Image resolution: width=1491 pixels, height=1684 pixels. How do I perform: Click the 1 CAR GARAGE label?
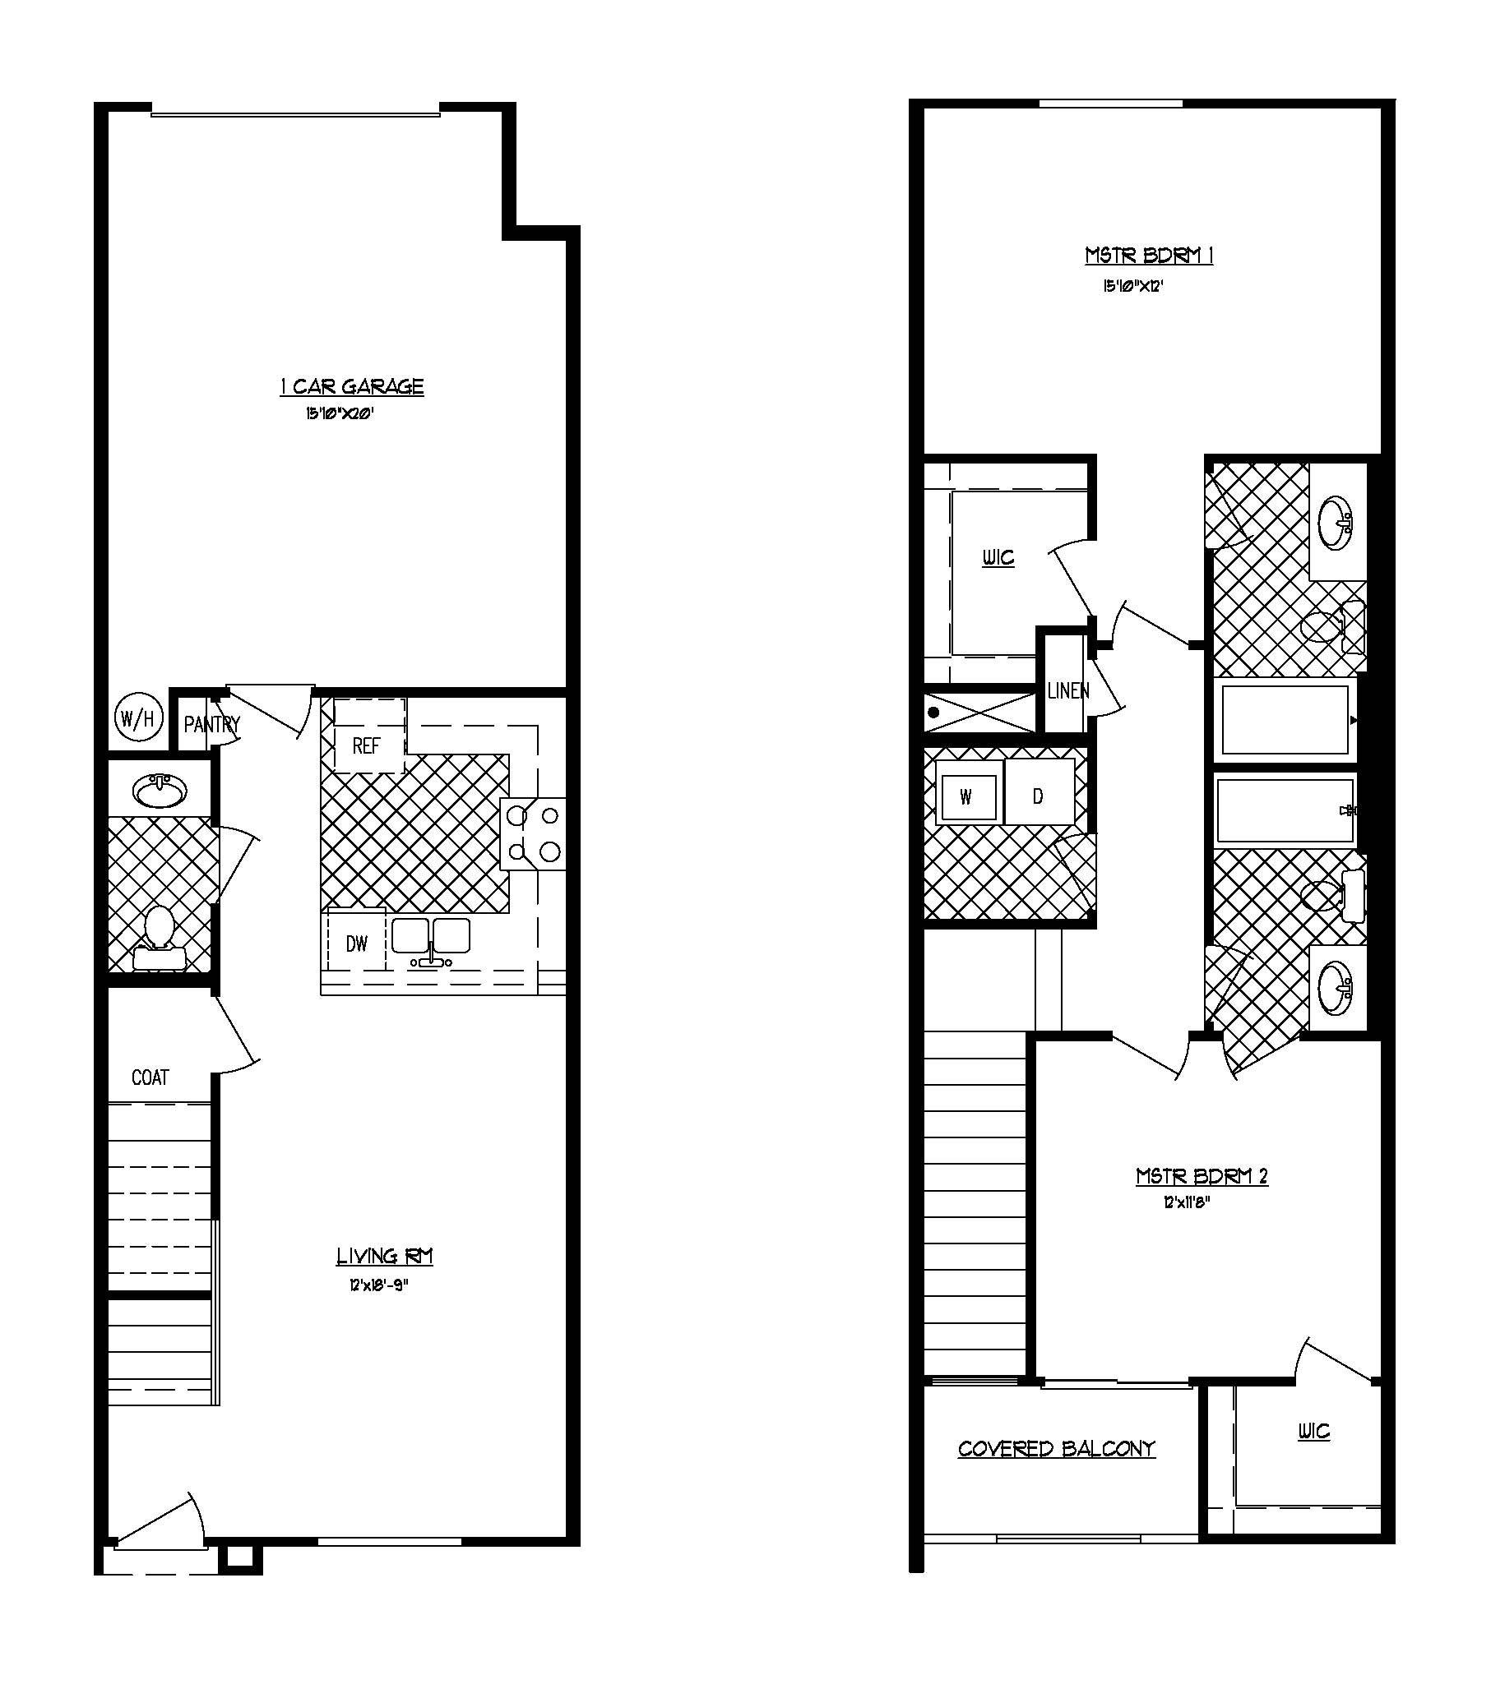352,386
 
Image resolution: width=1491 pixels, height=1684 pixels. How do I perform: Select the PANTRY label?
211,724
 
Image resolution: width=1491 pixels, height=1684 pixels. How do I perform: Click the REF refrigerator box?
368,745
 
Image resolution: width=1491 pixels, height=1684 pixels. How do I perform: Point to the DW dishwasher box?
356,944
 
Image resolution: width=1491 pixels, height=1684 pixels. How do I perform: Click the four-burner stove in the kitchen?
532,833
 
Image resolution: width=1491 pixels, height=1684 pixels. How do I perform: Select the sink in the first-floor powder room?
160,791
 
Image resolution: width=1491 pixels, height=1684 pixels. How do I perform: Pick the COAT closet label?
150,1077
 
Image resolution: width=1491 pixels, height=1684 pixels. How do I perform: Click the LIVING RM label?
384,1256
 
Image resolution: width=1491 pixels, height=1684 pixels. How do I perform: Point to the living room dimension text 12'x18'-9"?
378,1285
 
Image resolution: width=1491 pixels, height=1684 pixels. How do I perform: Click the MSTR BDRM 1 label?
1149,256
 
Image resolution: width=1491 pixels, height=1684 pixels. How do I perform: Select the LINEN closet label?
1068,691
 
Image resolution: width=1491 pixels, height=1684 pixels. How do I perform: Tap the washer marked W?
967,796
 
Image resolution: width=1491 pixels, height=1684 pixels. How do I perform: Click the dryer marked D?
1039,795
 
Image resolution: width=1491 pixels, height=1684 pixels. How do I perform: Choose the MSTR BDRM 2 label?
1202,1175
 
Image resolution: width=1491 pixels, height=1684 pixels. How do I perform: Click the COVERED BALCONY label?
1057,1449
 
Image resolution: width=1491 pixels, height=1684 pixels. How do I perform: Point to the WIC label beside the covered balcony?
1314,1431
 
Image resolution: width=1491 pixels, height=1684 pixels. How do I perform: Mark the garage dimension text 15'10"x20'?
340,413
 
